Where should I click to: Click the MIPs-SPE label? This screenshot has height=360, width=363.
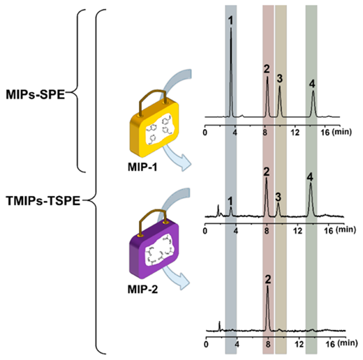click(x=36, y=95)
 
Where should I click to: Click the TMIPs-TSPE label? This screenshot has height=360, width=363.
click(x=43, y=201)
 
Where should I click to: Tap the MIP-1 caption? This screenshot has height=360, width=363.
click(x=142, y=167)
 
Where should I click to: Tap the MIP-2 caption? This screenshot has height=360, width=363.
click(x=142, y=290)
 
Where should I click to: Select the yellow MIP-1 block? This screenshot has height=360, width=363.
click(x=154, y=128)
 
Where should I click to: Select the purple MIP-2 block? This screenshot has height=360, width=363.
click(x=154, y=249)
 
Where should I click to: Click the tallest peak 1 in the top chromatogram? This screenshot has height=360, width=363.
click(x=231, y=72)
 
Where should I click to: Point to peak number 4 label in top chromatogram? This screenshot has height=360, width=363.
click(x=312, y=84)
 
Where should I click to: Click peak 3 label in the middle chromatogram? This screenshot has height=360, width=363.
click(x=278, y=197)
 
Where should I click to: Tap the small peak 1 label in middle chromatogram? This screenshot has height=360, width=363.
click(x=230, y=200)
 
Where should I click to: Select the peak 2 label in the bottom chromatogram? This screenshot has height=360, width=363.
click(x=268, y=280)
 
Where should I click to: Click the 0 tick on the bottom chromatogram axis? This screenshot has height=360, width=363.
click(x=206, y=344)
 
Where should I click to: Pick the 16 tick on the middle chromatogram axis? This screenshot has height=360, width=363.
click(x=329, y=231)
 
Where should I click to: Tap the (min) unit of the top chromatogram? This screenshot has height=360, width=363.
click(x=341, y=132)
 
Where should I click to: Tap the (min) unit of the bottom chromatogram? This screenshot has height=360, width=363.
click(x=348, y=343)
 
